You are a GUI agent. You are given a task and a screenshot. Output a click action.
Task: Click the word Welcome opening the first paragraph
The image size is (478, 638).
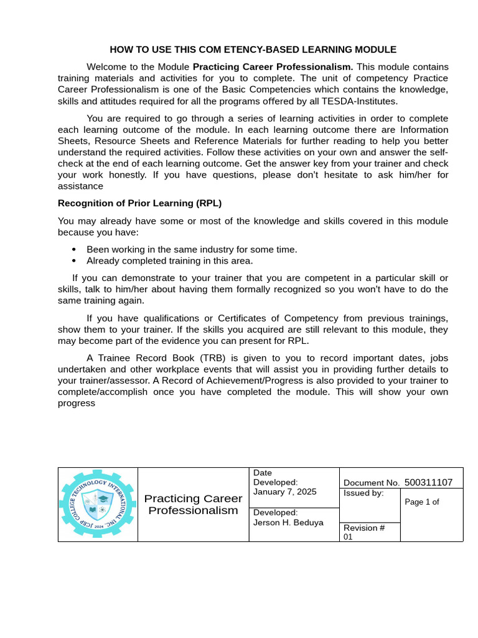point(106,67)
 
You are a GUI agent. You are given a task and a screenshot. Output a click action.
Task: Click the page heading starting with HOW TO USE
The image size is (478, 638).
point(253,49)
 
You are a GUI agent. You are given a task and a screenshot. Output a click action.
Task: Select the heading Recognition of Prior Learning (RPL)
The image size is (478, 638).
point(139,203)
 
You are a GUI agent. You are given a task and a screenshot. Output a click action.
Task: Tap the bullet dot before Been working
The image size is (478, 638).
point(74,250)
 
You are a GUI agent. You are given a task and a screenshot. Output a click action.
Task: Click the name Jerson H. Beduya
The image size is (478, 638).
point(288,522)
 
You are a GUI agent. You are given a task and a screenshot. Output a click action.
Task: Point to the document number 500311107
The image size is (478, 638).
point(428,482)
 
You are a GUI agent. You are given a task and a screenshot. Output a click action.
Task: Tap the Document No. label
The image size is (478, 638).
point(371,483)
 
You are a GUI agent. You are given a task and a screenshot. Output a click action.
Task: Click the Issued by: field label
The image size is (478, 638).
point(363,493)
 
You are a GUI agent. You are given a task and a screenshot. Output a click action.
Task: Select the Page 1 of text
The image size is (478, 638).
point(422,502)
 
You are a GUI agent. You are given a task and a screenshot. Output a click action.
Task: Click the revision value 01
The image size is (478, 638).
point(348,537)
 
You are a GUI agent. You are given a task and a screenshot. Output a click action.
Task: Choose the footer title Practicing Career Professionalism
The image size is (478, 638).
point(193,505)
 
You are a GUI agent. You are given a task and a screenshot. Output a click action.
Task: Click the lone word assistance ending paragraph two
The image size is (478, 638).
point(80,186)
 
